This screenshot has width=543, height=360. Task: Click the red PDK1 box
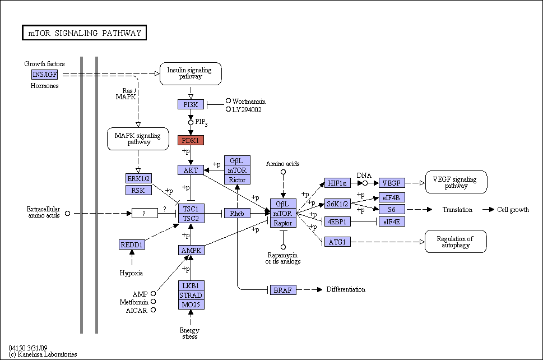pyautogui.click(x=191, y=140)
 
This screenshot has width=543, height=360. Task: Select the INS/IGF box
pyautogui.click(x=45, y=75)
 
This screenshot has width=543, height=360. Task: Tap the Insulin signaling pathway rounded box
pyautogui.click(x=191, y=73)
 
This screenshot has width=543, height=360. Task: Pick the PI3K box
pyautogui.click(x=191, y=104)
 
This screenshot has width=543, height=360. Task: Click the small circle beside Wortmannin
pyautogui.click(x=228, y=101)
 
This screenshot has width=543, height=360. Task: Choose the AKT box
pyautogui.click(x=191, y=170)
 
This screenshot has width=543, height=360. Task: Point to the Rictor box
pyautogui.click(x=237, y=180)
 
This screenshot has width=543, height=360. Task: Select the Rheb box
pyautogui.click(x=237, y=214)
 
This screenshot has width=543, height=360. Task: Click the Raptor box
pyautogui.click(x=284, y=223)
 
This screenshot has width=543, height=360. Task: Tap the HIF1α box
pyautogui.click(x=337, y=183)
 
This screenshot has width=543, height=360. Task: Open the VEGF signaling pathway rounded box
pyautogui.click(x=456, y=182)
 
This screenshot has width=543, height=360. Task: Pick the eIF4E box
pyautogui.click(x=392, y=221)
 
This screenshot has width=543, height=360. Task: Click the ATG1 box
pyautogui.click(x=337, y=242)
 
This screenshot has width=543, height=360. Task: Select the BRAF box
pyautogui.click(x=284, y=290)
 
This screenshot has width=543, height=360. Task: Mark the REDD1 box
pyautogui.click(x=132, y=244)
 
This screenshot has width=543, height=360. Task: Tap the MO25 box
pyautogui.click(x=191, y=305)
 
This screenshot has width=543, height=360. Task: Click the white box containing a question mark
pyautogui.click(x=145, y=214)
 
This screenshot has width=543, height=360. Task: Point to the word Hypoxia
pyautogui.click(x=131, y=273)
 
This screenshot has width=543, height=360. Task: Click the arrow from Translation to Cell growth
pyautogui.click(x=488, y=210)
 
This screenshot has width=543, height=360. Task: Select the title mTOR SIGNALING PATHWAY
pyautogui.click(x=85, y=33)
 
